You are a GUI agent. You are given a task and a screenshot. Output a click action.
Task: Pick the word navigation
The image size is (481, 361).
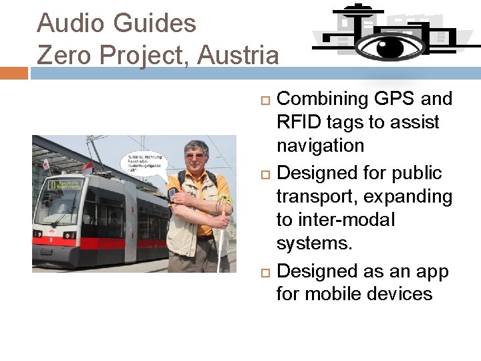coord(320,146)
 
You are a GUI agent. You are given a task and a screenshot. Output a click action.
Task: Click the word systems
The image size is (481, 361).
coord(313,243)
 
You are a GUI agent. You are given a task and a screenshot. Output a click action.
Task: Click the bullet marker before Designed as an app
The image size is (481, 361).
coord(264,272)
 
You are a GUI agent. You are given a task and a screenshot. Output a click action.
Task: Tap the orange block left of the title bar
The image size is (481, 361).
coord(13,72)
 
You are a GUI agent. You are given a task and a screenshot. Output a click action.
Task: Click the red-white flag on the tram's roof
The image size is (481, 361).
coord(46,163)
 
